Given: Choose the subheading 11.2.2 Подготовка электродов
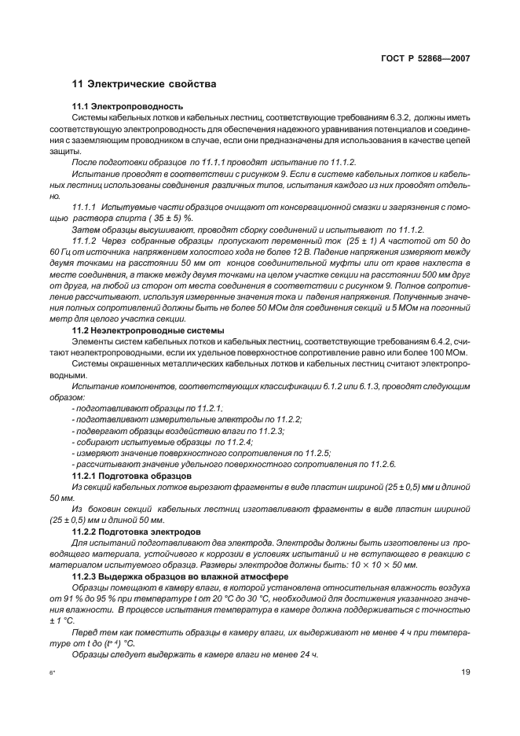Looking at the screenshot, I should [x=135, y=532].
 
